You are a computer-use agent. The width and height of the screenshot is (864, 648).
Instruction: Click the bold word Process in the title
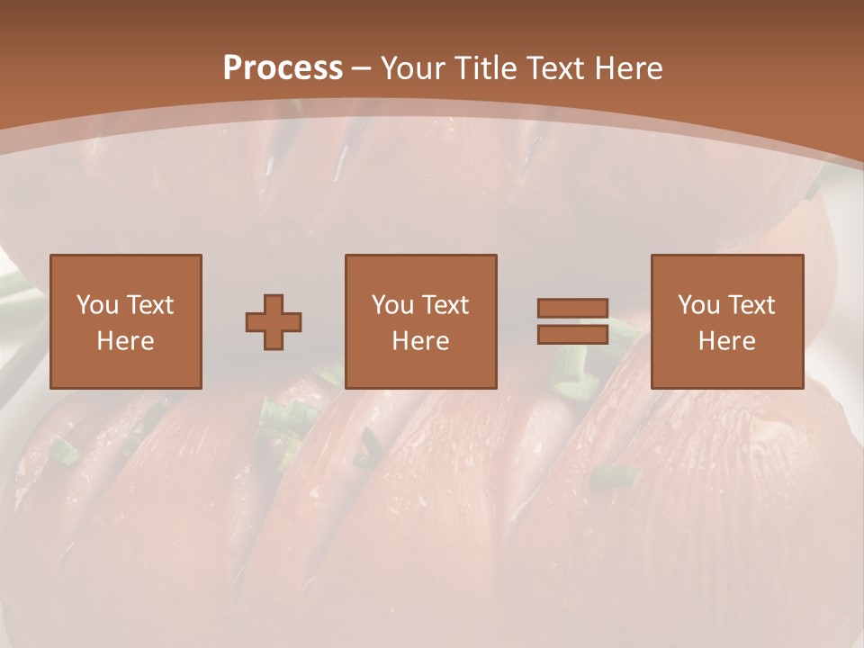point(283,68)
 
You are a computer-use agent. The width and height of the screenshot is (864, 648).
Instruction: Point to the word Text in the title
point(553,68)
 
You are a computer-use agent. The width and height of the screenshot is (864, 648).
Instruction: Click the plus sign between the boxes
point(274,322)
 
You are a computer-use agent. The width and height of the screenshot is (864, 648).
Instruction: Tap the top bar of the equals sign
point(572,309)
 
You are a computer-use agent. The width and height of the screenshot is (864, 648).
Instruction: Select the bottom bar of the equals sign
point(572,334)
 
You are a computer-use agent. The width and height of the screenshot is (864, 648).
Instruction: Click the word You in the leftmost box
point(96,305)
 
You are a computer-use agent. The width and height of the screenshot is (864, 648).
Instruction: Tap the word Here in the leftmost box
point(125,341)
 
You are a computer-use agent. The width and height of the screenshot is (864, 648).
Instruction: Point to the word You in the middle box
point(392,305)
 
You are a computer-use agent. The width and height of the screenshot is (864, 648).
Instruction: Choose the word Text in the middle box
point(444,305)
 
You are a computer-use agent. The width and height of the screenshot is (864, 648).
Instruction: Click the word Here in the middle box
point(421,341)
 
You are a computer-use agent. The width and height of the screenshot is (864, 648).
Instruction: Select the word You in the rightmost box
point(698,305)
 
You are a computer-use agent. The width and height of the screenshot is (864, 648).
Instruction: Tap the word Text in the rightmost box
point(750,305)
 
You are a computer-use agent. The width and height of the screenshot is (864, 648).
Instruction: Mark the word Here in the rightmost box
point(727,341)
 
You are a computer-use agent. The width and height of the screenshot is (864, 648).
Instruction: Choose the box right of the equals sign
point(727,369)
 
